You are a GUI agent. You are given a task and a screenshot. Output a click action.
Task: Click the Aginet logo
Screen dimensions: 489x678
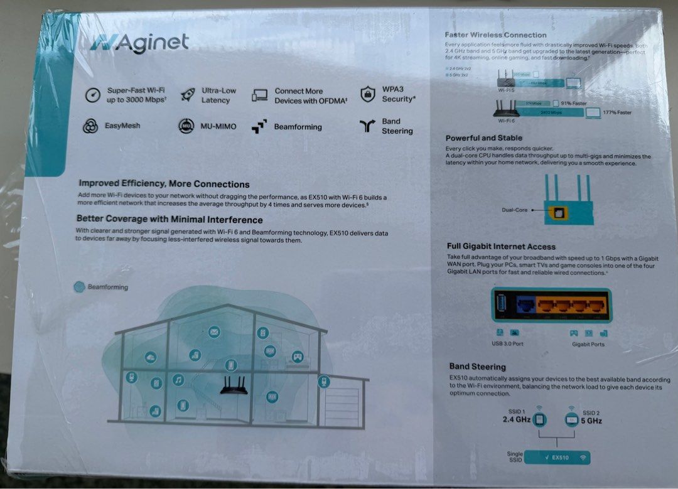[139, 43]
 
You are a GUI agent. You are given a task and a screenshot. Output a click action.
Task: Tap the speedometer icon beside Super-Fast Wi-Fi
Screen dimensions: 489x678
[93, 95]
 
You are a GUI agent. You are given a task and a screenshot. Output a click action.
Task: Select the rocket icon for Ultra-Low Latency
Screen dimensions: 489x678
[187, 95]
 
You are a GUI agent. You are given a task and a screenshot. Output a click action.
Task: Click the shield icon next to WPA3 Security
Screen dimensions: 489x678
[367, 94]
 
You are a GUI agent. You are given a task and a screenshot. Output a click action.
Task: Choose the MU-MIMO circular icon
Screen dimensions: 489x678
[186, 126]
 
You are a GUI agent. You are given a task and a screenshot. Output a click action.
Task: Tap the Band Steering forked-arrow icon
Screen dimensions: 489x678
[367, 126]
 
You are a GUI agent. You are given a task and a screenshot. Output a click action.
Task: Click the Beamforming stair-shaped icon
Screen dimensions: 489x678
[259, 127]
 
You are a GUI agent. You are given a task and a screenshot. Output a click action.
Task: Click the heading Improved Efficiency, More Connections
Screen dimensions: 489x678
[164, 184]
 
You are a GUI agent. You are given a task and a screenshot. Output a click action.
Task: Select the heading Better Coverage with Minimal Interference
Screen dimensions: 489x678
[169, 220]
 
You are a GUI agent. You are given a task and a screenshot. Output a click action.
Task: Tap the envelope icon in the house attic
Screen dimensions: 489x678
[214, 331]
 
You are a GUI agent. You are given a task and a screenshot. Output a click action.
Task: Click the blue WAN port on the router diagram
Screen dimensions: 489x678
[525, 306]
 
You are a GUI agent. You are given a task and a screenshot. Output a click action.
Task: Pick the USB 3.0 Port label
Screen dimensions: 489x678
[507, 344]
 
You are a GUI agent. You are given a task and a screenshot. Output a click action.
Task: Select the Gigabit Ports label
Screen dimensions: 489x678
[588, 344]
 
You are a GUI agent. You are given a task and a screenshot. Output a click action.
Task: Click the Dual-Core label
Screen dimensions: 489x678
[514, 210]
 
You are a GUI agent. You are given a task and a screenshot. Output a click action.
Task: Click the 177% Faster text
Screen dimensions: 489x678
[618, 112]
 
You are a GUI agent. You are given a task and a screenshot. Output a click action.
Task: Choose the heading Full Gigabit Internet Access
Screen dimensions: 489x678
[501, 247]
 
